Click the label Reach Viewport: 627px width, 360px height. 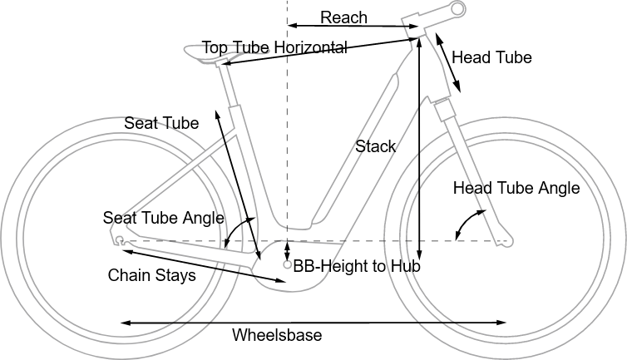point(343,17)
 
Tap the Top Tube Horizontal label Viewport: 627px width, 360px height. point(274,47)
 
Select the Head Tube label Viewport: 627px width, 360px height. point(491,57)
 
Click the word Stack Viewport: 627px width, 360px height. point(376,146)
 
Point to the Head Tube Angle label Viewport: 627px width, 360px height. point(516,188)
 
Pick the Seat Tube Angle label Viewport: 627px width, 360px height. point(164,218)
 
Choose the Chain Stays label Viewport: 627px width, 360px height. point(152,275)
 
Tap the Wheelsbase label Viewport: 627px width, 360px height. point(277,335)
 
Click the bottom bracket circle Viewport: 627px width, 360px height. point(287,265)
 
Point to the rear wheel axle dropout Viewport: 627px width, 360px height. point(121,240)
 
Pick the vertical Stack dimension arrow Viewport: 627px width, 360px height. point(420,150)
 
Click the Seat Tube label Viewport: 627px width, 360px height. point(161,123)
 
